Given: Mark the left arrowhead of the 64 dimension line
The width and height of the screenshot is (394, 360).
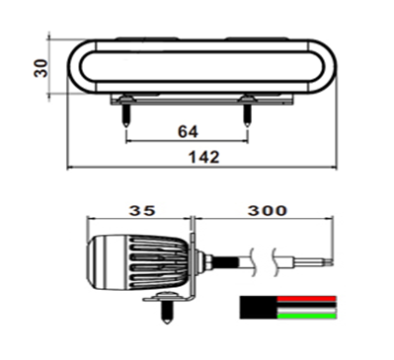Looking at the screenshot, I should coord(129,141).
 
